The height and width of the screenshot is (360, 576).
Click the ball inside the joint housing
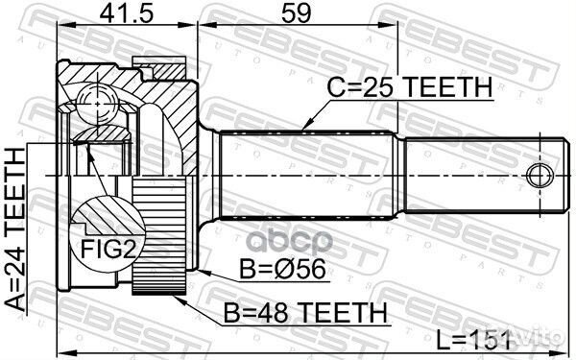click(96, 100)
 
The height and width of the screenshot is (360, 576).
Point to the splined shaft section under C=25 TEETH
click(307, 178)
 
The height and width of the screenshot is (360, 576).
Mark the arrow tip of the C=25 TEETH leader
click(302, 128)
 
